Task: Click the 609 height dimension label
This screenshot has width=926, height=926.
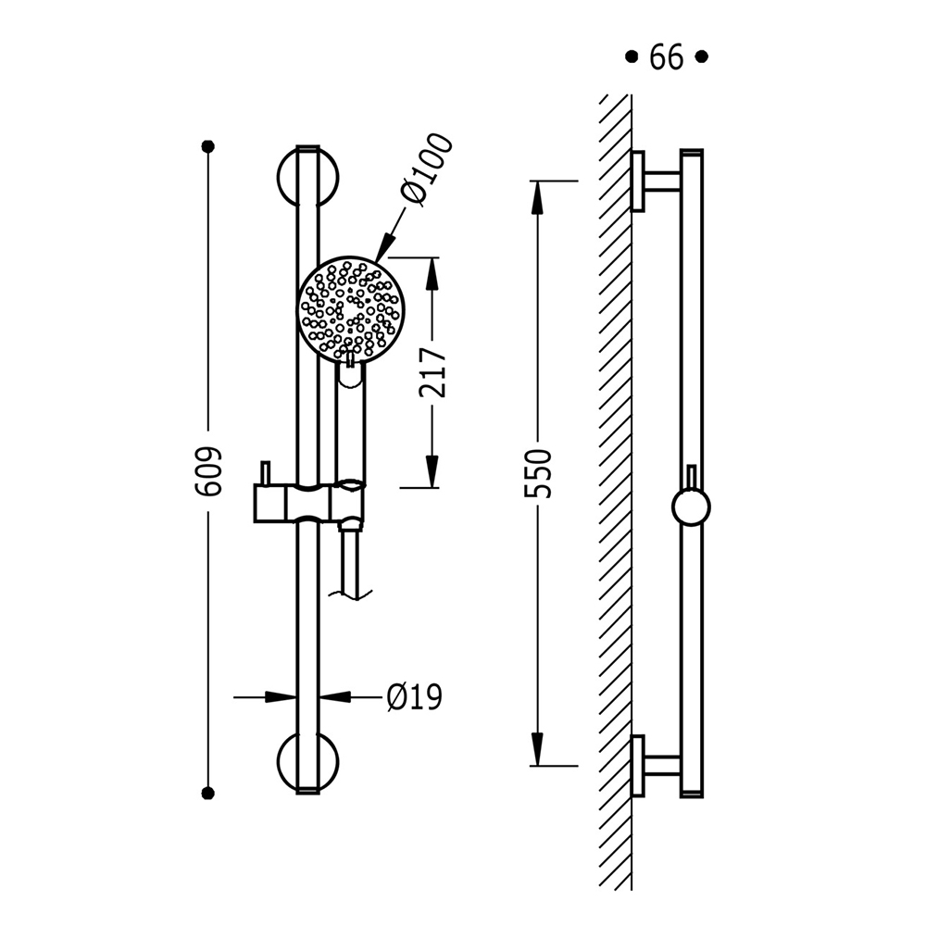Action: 207,470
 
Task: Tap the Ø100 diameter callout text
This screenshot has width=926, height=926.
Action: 426,170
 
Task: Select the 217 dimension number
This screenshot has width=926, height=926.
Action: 432,372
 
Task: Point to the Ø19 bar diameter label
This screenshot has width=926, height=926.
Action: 415,697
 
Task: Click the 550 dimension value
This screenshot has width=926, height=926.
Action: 537,473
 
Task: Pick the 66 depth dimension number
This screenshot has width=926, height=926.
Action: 666,57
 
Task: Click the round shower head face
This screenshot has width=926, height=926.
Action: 350,307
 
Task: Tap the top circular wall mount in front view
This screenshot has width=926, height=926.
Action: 307,177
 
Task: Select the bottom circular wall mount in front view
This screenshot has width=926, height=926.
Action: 307,762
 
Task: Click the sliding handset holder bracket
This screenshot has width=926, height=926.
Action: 309,502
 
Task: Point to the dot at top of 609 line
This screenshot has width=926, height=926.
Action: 207,146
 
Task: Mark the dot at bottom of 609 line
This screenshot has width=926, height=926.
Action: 207,794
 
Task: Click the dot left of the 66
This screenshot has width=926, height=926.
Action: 632,57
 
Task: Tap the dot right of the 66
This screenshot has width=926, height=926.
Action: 702,57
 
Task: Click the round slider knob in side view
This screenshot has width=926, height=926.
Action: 691,507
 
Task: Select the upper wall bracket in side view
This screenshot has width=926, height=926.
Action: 656,181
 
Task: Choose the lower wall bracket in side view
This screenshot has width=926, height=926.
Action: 656,766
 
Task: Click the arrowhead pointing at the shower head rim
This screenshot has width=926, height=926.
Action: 384,247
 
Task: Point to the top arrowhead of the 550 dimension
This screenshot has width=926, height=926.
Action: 537,197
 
